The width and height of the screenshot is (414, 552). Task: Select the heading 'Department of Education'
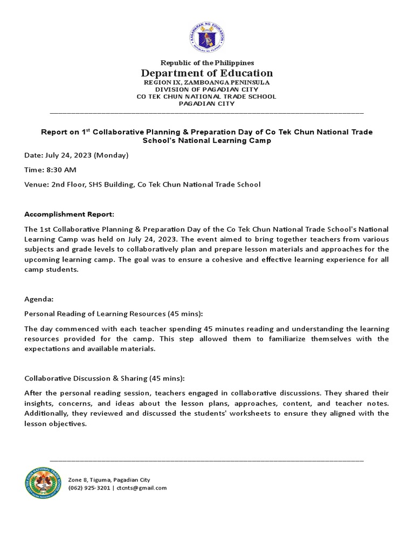(207, 73)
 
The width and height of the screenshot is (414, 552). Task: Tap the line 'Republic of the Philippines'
(207, 63)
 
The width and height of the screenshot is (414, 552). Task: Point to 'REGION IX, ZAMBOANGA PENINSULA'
(207, 82)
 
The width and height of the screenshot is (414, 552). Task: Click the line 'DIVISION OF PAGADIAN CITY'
(207, 89)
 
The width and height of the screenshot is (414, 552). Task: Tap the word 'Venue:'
(37, 184)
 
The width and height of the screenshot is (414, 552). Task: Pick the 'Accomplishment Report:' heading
(70, 214)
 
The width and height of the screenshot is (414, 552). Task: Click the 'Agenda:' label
(39, 299)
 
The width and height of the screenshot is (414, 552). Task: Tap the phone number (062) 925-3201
(89, 488)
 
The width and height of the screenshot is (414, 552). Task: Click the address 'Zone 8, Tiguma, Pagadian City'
(109, 480)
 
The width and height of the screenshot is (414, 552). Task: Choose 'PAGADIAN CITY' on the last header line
(207, 103)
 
